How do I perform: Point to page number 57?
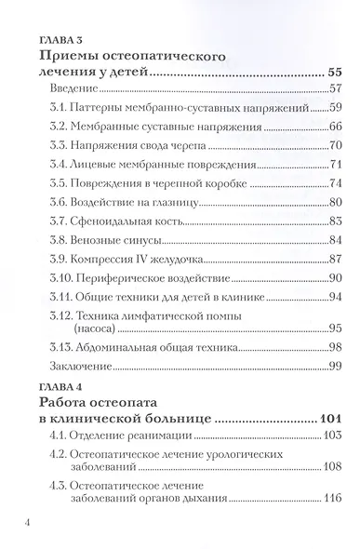coord(336,89)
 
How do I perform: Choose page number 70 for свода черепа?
coord(336,145)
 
